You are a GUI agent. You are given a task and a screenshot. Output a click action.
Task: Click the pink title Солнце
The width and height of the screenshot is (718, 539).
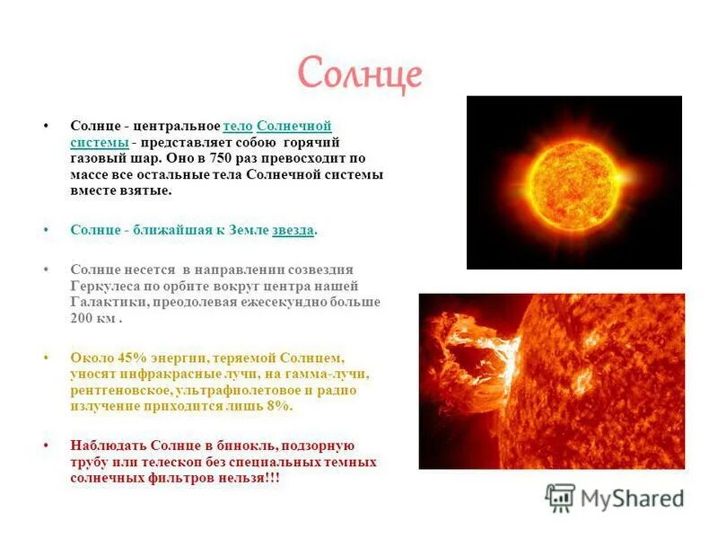point(358,74)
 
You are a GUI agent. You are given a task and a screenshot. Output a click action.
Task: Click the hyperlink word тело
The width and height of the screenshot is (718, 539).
point(238,126)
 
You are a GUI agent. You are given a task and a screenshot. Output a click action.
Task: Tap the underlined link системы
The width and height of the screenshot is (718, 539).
point(98,142)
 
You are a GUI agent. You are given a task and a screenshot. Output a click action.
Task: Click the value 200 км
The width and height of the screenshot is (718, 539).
point(93,318)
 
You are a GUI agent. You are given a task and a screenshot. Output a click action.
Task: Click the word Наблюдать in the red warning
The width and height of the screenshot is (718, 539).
point(107,446)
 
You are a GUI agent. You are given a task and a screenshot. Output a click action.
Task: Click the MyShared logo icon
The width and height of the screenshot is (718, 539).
point(560,497)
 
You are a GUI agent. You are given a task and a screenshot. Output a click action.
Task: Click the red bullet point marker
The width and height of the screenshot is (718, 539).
point(46,446)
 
